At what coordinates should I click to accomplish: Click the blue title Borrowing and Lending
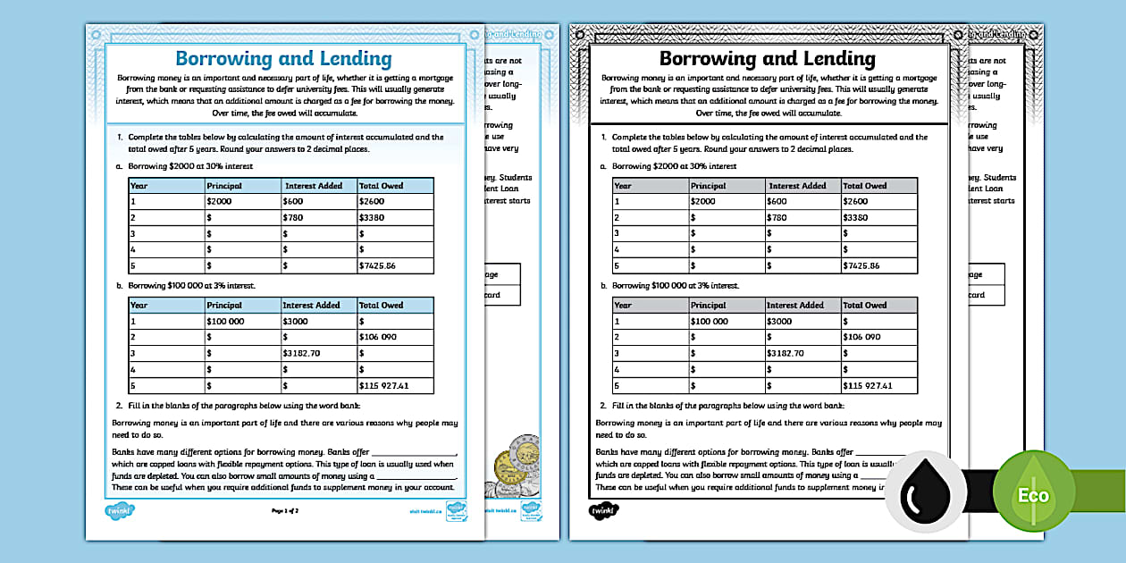[283, 59]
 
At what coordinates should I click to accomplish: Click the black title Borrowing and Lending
[767, 59]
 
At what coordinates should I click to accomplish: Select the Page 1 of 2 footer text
[285, 511]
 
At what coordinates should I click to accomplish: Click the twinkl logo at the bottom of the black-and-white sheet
[604, 511]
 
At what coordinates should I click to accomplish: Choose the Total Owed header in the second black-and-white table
[864, 305]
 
